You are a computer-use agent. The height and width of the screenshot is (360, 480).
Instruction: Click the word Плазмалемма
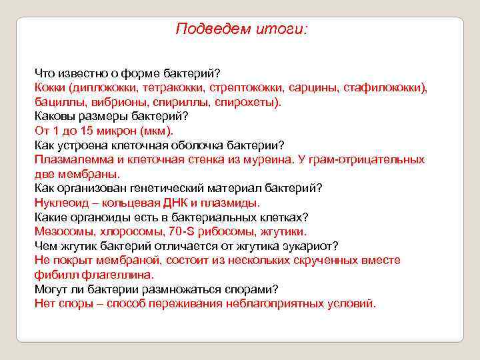(x=69, y=159)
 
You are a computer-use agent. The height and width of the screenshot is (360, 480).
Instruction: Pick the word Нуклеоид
(x=60, y=203)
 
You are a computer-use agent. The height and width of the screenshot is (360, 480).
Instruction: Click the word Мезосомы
(x=65, y=231)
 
